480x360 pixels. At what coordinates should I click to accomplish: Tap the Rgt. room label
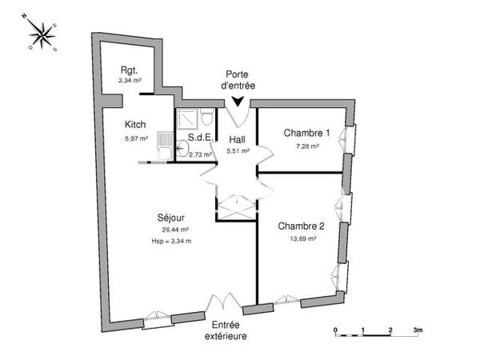click(x=129, y=69)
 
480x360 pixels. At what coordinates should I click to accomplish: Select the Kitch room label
click(x=135, y=125)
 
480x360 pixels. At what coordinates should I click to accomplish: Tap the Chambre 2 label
click(x=302, y=226)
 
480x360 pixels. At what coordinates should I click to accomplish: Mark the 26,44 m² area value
click(x=175, y=230)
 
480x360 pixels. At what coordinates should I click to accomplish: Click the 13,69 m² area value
click(x=302, y=238)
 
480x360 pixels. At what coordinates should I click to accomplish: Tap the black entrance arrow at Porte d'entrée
click(x=237, y=101)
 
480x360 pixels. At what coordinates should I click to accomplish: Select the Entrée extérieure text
click(x=229, y=330)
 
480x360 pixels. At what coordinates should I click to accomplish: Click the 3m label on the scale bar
click(x=417, y=329)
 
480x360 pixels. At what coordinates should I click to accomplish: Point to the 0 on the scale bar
click(x=336, y=329)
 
